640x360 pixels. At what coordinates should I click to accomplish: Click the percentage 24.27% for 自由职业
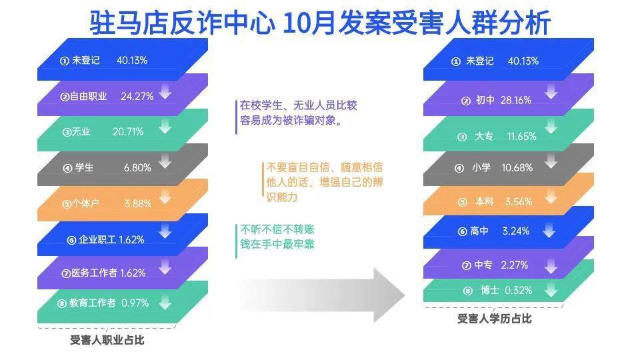tap(137, 96)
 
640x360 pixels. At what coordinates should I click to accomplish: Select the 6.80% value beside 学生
tap(137, 167)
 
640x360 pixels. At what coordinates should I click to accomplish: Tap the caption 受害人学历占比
tap(494, 319)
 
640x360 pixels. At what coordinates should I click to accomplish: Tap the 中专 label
tap(483, 265)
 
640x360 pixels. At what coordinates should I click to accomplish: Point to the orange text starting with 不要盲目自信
tap(325, 182)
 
